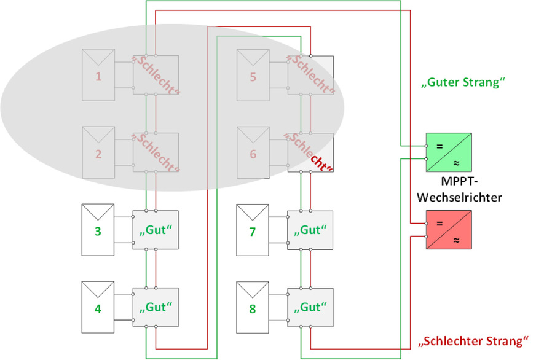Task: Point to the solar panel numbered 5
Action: click(x=253, y=75)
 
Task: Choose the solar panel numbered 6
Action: click(x=253, y=152)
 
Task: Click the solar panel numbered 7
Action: click(x=253, y=230)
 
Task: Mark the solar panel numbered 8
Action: click(x=253, y=306)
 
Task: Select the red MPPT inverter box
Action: click(x=449, y=230)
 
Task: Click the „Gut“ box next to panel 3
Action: click(x=156, y=230)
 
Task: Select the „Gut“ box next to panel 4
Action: click(x=156, y=306)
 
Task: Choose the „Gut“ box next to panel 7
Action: click(x=310, y=230)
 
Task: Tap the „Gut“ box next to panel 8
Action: click(x=310, y=306)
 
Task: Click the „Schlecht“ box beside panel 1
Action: click(x=156, y=75)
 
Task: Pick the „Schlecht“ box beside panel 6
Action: click(x=310, y=152)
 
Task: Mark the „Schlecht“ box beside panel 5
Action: click(x=310, y=75)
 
